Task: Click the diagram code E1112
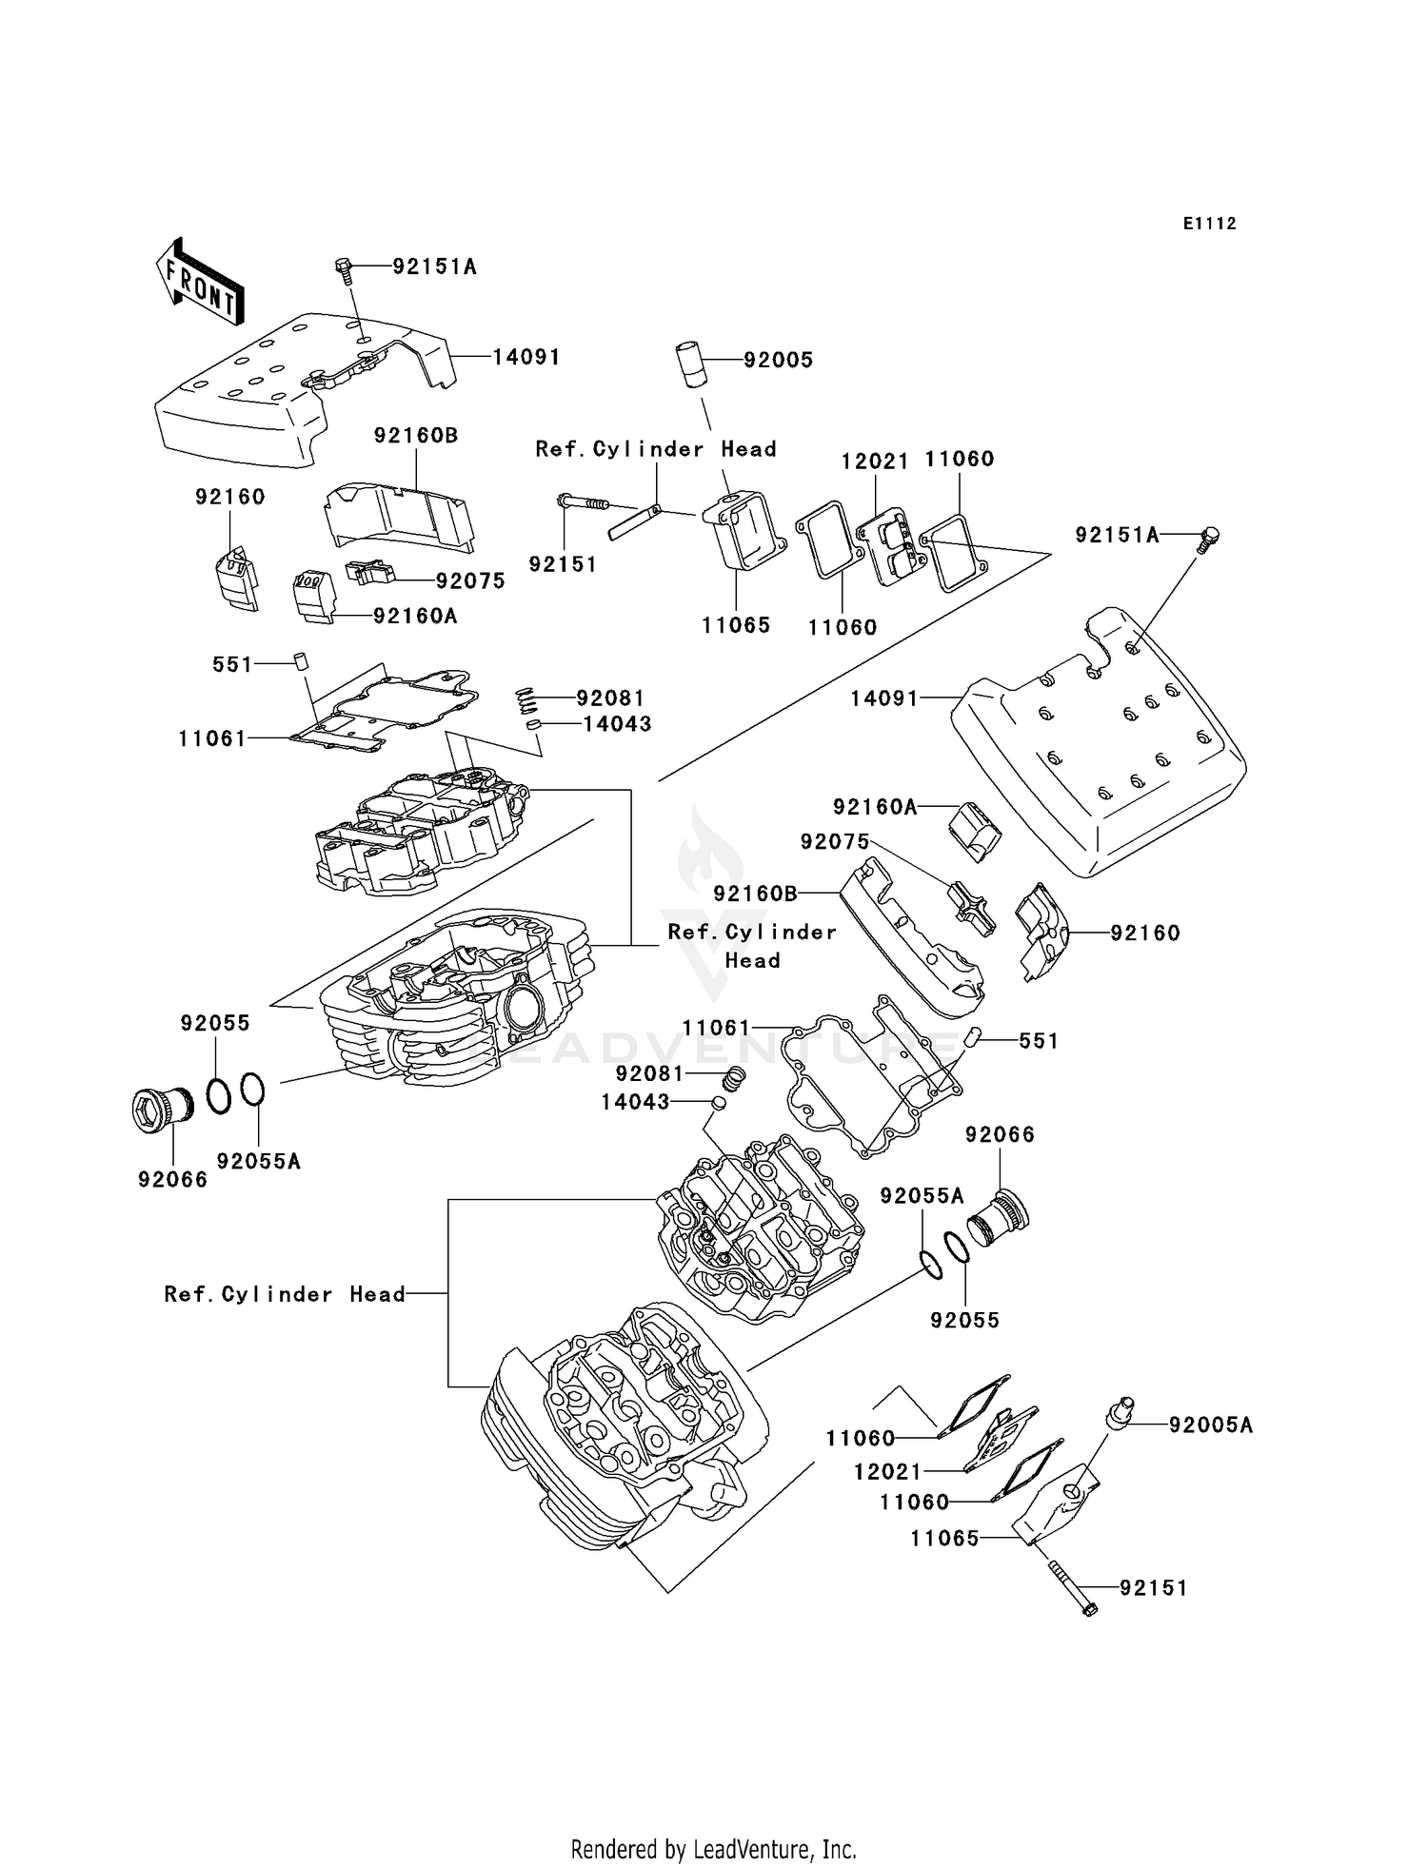click(1210, 224)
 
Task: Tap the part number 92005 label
click(778, 360)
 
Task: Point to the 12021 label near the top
click(875, 462)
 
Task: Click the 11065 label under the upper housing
click(736, 625)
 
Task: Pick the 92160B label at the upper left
click(416, 436)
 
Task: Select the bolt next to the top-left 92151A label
click(345, 269)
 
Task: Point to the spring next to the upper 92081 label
click(527, 701)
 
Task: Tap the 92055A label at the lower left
click(258, 1161)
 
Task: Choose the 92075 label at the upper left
click(470, 581)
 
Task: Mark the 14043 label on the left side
click(617, 724)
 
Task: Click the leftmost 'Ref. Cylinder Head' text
click(285, 1294)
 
